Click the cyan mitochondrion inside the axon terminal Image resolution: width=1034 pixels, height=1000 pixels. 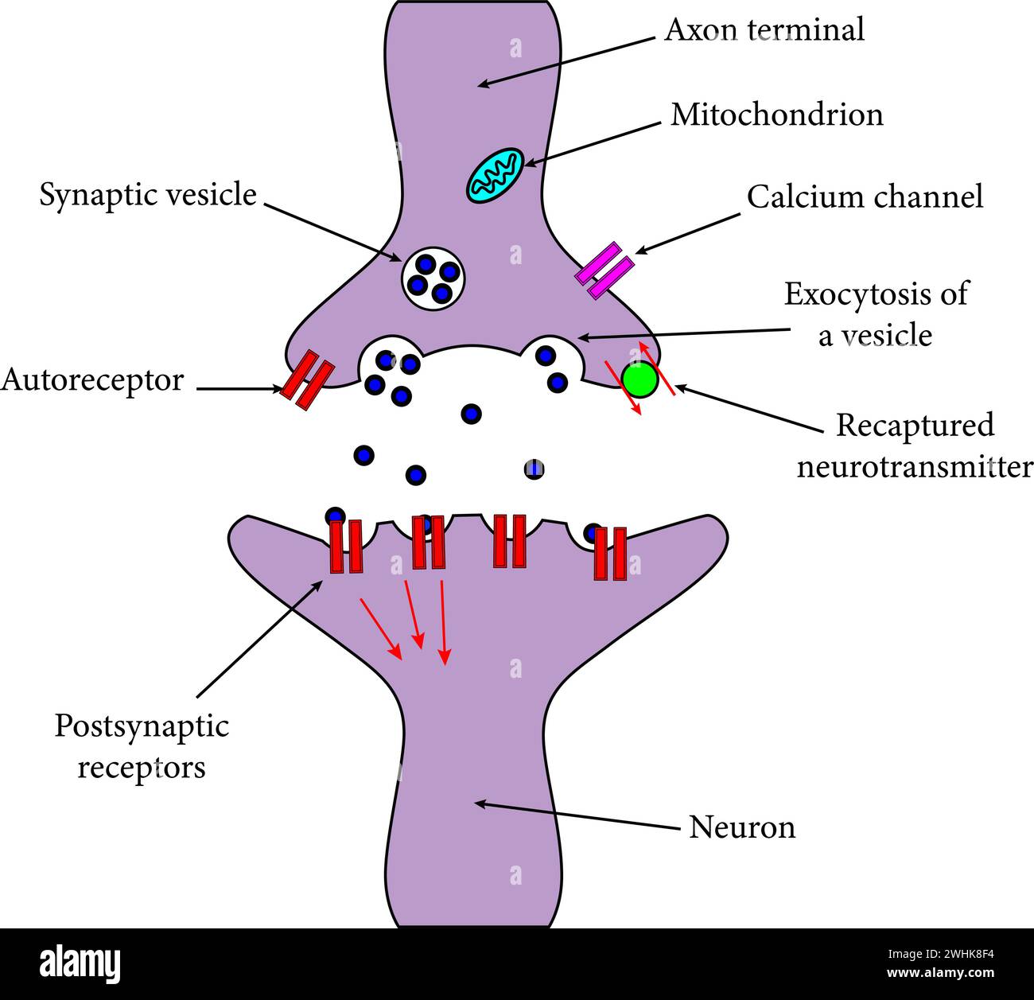[x=494, y=174]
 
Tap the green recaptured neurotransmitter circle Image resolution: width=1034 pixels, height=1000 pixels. [x=639, y=379]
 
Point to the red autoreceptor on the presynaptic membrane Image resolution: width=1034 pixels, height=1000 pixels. [x=306, y=382]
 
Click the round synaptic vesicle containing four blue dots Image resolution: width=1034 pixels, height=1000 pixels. [x=433, y=278]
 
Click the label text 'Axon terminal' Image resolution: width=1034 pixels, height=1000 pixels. [x=764, y=30]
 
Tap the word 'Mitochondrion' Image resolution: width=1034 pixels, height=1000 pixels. [x=776, y=115]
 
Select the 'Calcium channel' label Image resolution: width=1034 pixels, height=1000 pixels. [x=865, y=196]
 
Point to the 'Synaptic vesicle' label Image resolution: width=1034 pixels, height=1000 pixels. [x=148, y=195]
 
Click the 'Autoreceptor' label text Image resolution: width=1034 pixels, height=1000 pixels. [x=92, y=380]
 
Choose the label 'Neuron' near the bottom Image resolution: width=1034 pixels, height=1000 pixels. [x=741, y=827]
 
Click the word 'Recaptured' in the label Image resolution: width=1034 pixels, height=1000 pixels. [x=915, y=426]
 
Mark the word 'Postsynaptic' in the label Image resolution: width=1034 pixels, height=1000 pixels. [x=142, y=726]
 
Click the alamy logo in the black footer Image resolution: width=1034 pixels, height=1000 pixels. [x=80, y=963]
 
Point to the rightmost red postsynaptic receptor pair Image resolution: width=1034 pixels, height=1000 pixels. [x=610, y=553]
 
